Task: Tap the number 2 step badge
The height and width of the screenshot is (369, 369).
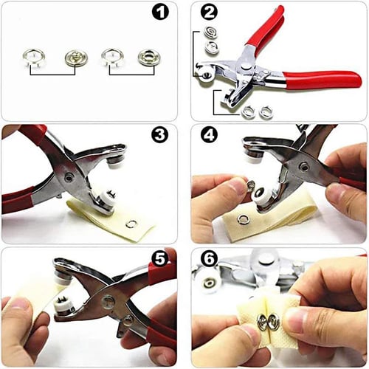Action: point(209,13)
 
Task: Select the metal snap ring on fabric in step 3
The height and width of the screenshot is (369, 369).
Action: point(131,224)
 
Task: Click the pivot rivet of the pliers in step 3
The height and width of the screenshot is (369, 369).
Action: point(69,178)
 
